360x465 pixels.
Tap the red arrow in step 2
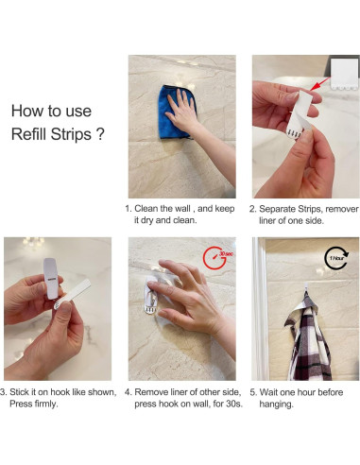pos(320,83)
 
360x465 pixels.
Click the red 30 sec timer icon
pos(217,257)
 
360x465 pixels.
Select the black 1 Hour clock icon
pos(336,258)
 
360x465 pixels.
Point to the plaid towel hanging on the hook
pos(308,337)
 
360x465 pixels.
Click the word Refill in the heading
pos(29,134)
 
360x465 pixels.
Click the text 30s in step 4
pos(234,404)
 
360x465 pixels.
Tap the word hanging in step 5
pos(276,405)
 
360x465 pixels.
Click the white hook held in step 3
pos(51,278)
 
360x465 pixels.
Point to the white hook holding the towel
pos(306,288)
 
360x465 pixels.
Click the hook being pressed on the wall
pos(151,296)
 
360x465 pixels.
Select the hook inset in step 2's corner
pos(345,74)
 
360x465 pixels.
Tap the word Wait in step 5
pos(269,392)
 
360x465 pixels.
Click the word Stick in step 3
pos(18,392)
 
